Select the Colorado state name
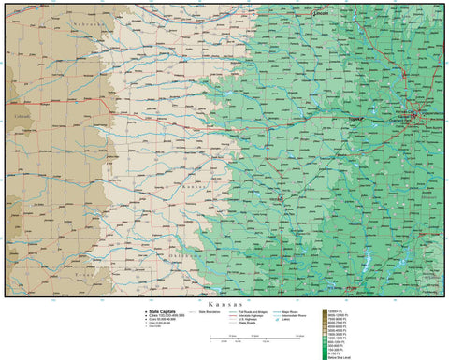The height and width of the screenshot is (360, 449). pos(22,115)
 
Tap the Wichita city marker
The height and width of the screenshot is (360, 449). pos(281,198)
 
